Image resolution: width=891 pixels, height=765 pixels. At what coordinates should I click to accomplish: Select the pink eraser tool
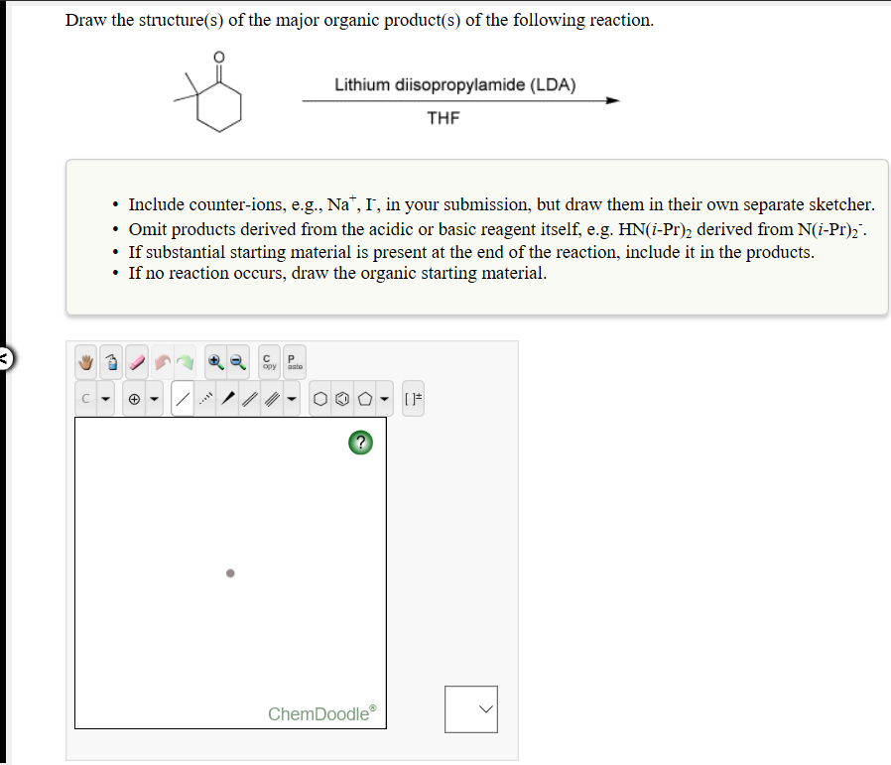point(136,363)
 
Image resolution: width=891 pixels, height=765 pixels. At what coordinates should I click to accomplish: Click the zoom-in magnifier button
point(215,363)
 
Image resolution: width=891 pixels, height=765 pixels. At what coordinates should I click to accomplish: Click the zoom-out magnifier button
point(238,363)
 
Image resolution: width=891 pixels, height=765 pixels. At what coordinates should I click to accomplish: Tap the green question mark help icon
point(361,444)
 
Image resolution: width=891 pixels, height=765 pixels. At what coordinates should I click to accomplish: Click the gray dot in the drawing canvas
point(229,573)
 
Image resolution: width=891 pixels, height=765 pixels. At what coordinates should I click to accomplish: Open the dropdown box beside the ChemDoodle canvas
point(470,708)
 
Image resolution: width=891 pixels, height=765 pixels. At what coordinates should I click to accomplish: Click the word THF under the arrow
point(444,118)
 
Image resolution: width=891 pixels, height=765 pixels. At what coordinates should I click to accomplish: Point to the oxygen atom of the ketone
point(219,57)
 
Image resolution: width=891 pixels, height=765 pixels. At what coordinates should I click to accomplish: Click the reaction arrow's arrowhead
point(613,100)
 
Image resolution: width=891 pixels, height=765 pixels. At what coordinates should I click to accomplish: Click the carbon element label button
point(88,400)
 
